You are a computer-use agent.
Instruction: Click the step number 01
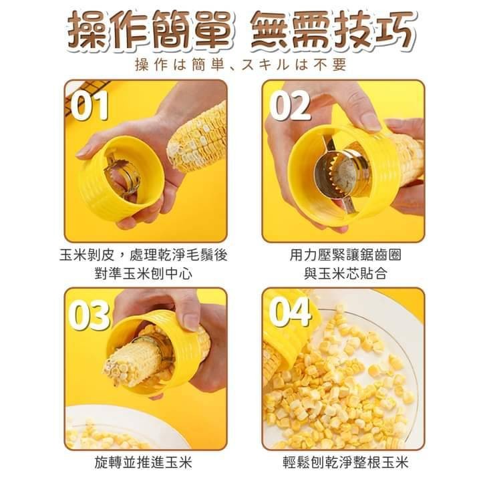(x=90, y=106)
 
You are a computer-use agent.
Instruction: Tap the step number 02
(x=289, y=106)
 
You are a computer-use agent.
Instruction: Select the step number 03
(x=89, y=315)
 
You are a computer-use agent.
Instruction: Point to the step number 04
(x=289, y=312)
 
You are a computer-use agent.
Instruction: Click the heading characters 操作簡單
(x=149, y=31)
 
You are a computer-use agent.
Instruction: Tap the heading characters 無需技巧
(x=333, y=31)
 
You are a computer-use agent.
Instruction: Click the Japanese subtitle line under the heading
(x=240, y=65)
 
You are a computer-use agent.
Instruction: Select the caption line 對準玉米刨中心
(x=143, y=273)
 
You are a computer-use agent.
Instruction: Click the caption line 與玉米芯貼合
(x=345, y=273)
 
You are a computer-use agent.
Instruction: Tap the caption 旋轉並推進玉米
(x=143, y=462)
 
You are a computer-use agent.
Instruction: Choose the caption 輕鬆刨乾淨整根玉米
(x=345, y=462)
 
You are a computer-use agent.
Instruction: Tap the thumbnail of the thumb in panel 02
(x=369, y=120)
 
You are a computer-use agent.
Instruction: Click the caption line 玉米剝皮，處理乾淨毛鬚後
(x=143, y=255)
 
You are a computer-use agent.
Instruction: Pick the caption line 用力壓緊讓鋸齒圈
(x=345, y=255)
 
